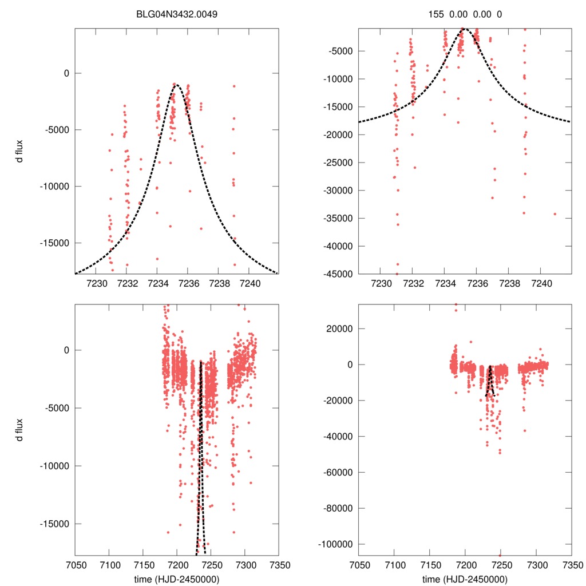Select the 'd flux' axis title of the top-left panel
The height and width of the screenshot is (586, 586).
click(21, 151)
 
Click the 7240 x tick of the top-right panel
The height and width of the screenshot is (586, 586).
click(541, 283)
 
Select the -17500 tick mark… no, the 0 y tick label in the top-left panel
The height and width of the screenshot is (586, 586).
click(66, 73)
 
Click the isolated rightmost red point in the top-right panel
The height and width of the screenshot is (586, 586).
click(555, 214)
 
